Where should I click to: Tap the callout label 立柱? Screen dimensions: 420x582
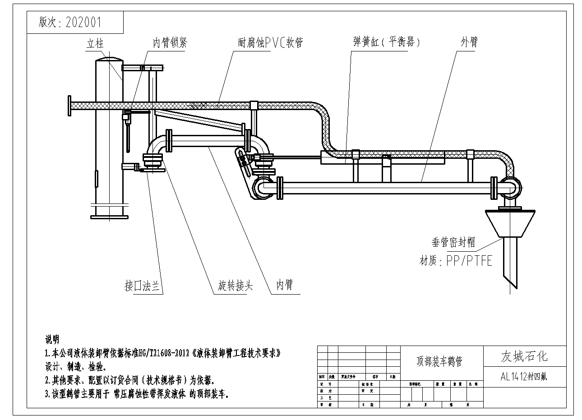tap(95, 43)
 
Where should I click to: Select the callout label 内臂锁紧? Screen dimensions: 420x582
tap(169, 43)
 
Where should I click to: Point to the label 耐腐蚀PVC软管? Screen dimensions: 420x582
tap(270, 43)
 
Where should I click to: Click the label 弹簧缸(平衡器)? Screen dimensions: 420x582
tap(387, 42)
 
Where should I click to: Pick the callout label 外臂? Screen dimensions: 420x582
tap(469, 42)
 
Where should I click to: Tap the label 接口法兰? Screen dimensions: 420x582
tap(143, 286)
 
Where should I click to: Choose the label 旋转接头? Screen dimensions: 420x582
tap(236, 286)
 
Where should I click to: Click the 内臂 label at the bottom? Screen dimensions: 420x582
tap(285, 286)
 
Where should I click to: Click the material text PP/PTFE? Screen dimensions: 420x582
tap(469, 260)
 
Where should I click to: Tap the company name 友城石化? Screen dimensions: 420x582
tap(524, 356)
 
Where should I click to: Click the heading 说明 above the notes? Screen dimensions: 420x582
tap(52, 339)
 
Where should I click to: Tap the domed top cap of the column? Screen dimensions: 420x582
tap(109, 60)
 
